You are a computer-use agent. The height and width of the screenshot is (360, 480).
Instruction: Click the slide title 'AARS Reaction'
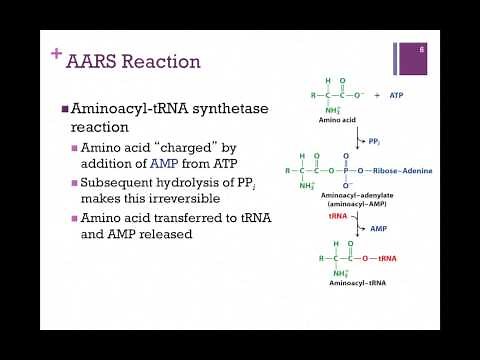pos(133,62)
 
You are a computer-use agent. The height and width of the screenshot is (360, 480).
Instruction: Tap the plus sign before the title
pos(56,55)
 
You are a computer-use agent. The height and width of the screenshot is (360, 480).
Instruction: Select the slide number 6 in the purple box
pos(423,48)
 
